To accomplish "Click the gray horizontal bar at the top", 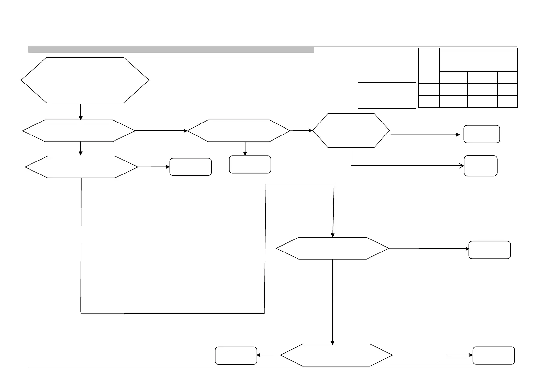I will tap(171, 49).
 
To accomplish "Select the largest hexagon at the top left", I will tap(85, 80).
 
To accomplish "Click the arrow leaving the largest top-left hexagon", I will tap(81, 112).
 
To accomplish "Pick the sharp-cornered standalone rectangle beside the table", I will tap(386, 95).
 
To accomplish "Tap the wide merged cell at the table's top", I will tap(478, 60).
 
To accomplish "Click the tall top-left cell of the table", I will tap(429, 66).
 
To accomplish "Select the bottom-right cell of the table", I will tap(507, 101).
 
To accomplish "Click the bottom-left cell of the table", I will tap(429, 101).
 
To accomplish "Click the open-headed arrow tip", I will tap(462, 166).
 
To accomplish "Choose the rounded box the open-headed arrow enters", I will tap(480, 166).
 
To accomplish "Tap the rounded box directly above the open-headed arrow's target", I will tap(481, 134).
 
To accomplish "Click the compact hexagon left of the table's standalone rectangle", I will tap(351, 131).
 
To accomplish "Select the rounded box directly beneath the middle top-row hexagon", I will tap(250, 164).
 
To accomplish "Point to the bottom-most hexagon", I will tap(336, 355).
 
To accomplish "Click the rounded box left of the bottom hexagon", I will tap(236, 355).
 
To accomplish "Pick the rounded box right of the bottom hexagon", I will tap(493, 355).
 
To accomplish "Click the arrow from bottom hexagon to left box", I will tap(268, 355).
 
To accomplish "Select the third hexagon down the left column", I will tap(81, 167).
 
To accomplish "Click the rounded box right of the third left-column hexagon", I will tap(190, 167).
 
